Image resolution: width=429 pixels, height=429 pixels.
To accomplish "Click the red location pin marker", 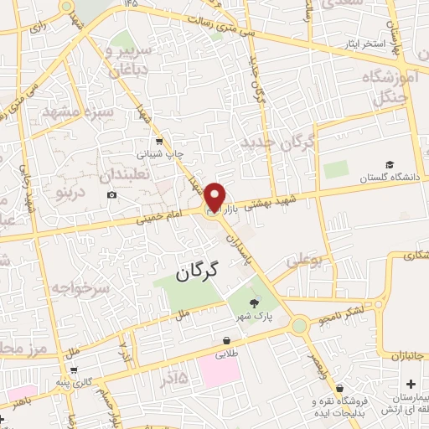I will click(x=215, y=196).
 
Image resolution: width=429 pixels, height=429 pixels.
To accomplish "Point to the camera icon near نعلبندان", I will click(x=112, y=195).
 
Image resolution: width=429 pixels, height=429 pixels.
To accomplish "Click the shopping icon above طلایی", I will click(x=226, y=339).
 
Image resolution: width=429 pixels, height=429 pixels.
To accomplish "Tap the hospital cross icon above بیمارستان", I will click(x=410, y=383).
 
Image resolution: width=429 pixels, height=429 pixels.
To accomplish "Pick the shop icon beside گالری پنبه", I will click(x=75, y=370).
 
